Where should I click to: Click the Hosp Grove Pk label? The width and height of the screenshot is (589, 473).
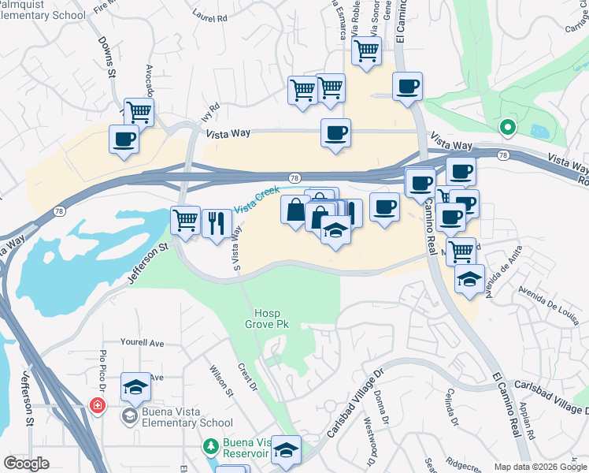pyautogui.click(x=262, y=318)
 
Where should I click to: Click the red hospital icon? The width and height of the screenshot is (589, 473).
pyautogui.click(x=97, y=406)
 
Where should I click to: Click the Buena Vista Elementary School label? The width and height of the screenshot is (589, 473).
pyautogui.click(x=176, y=417)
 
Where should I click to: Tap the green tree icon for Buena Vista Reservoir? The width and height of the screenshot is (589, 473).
pyautogui.click(x=210, y=447)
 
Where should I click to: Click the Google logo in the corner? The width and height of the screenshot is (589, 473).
pyautogui.click(x=26, y=464)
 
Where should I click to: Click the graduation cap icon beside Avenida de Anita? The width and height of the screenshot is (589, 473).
pyautogui.click(x=469, y=279)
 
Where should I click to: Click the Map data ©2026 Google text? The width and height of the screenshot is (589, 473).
pyautogui.click(x=540, y=467)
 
